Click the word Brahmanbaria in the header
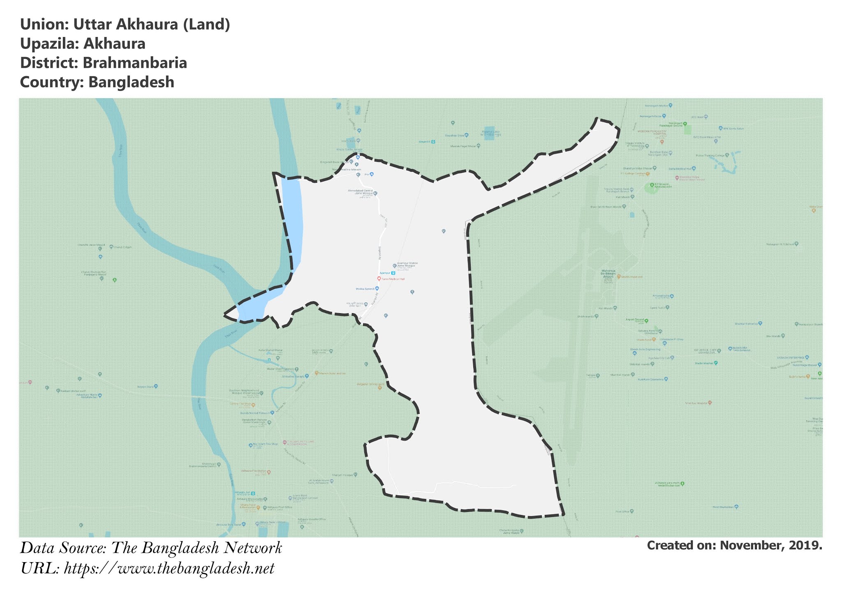135,63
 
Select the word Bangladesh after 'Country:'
131,82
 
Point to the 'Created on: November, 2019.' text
734,545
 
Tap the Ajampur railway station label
384,273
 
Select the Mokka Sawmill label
365,289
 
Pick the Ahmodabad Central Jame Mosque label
361,192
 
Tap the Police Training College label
710,155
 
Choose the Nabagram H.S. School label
779,244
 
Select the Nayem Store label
145,387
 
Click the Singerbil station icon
432,141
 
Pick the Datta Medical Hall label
679,168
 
